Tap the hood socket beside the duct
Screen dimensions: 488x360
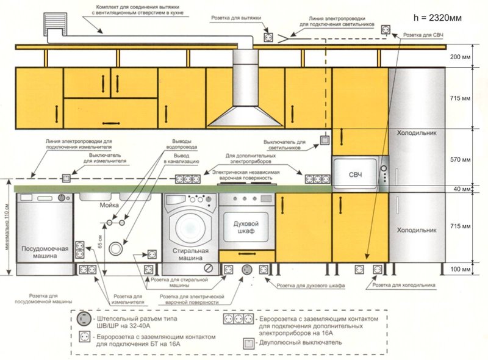pos(268,38)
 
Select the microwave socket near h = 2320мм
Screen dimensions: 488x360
pos(386,31)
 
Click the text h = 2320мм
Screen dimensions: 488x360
pos(437,18)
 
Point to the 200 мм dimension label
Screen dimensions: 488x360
pos(460,57)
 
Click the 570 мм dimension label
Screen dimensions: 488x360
pos(460,159)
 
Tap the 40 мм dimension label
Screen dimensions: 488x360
pos(462,189)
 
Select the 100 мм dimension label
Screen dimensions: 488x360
pos(460,269)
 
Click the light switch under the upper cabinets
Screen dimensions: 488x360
pos(325,140)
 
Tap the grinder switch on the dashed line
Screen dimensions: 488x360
pos(66,178)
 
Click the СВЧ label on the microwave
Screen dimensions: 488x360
pos(355,175)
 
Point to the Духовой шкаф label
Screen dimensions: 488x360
pos(246,228)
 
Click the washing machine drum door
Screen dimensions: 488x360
pos(190,227)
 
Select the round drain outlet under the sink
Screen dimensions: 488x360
pos(115,248)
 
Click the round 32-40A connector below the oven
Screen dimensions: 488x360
pos(247,270)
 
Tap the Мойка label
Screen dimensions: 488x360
pos(109,205)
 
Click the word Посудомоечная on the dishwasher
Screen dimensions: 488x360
pos(45,248)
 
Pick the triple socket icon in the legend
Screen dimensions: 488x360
pos(239,319)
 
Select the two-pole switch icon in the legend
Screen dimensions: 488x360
pos(248,343)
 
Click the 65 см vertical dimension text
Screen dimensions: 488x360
pos(100,241)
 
